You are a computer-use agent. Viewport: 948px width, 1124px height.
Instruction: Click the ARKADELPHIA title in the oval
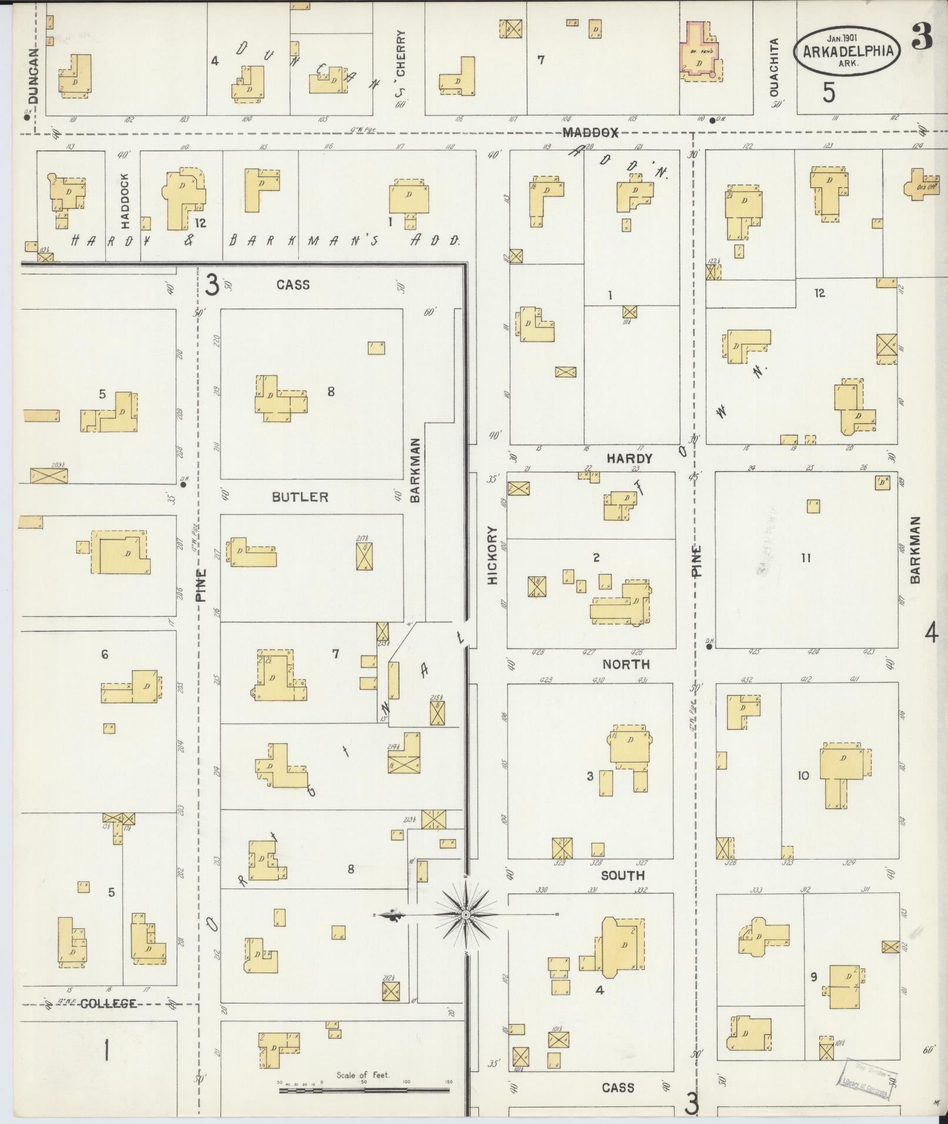point(847,51)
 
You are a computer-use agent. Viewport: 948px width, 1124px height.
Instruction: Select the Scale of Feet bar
point(365,1089)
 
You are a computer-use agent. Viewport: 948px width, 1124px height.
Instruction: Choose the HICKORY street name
point(493,555)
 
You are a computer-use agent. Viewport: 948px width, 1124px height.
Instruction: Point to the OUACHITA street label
point(774,67)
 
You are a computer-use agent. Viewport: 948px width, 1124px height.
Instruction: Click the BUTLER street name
point(300,497)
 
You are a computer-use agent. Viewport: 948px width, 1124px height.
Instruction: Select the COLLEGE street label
point(108,1004)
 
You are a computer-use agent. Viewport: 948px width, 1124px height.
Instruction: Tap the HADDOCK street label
point(124,200)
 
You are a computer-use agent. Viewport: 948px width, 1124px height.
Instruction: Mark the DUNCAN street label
point(33,75)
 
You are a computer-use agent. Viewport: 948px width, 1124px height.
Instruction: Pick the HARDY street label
point(629,458)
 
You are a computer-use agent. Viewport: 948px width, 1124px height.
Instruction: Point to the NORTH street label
point(626,665)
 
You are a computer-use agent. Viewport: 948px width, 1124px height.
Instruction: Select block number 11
point(806,558)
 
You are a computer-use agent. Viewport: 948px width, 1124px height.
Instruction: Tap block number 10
point(803,776)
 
